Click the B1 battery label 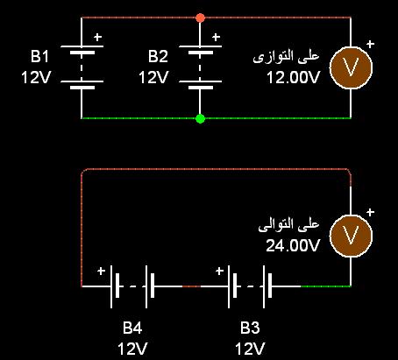point(39,56)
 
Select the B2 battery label point(158,56)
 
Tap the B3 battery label point(250,328)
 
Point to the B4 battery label point(132,328)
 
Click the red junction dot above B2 point(200,18)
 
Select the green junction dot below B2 point(200,118)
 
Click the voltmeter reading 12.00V point(293,78)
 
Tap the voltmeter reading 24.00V point(293,246)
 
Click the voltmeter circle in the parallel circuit point(351,67)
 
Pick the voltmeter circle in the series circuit point(351,236)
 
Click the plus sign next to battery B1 point(98,37)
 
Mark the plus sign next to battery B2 point(216,37)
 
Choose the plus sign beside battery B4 point(101,272)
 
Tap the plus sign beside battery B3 point(219,272)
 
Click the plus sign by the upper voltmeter point(370,44)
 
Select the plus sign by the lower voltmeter point(370,212)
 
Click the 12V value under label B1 point(36,78)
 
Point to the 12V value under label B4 point(132,349)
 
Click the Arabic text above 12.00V point(286,56)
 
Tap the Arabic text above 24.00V point(288,224)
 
